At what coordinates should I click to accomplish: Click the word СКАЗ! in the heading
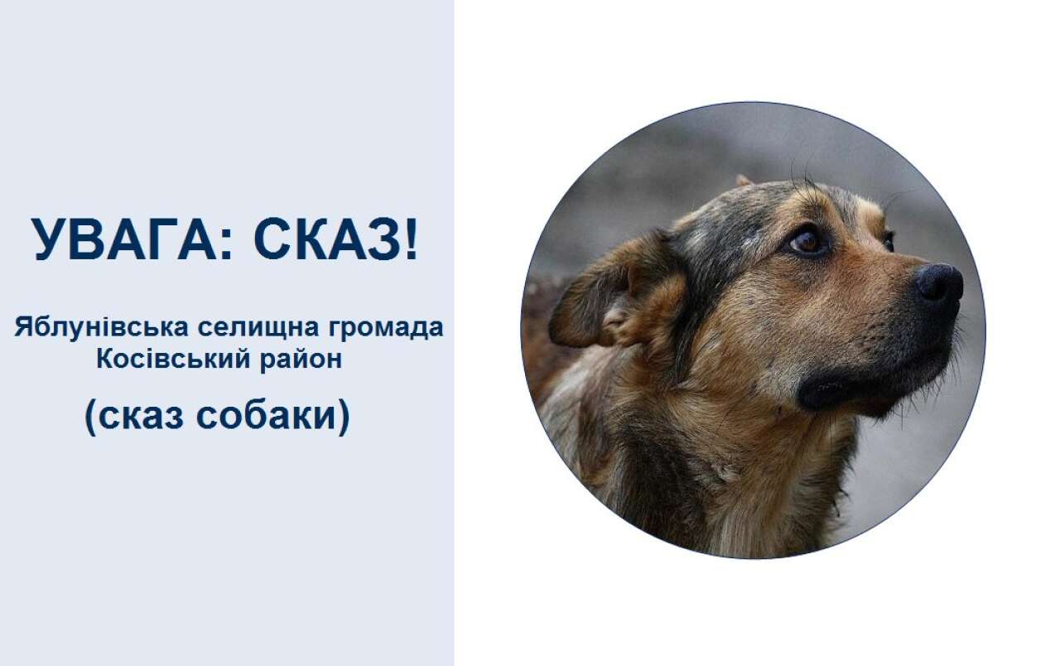tap(336, 239)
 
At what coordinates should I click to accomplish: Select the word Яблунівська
tap(101, 326)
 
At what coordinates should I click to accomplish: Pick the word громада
tap(386, 327)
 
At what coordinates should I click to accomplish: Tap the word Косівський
tap(173, 359)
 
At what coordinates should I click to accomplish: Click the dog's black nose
tap(938, 282)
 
